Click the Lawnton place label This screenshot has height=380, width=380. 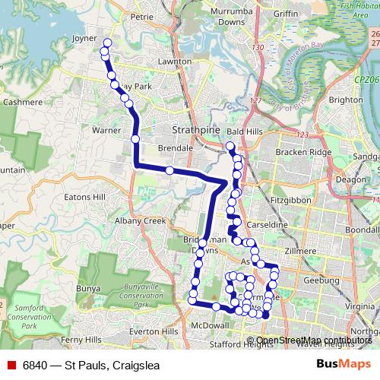pos(171,61)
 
